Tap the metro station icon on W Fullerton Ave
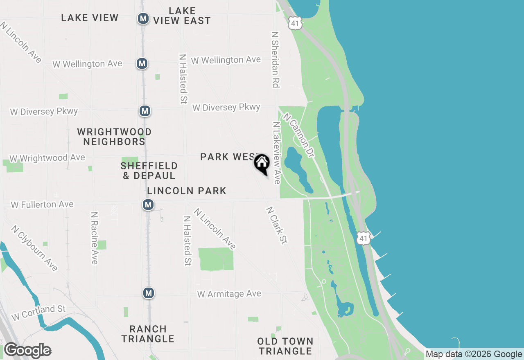coord(148,205)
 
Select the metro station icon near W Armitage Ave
coord(148,293)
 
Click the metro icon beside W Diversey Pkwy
coord(144,111)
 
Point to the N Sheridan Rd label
coord(275,60)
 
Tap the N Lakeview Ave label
coord(277,153)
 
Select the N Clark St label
coord(276,225)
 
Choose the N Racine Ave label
coord(95,238)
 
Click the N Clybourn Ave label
coord(34,248)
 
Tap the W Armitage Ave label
coord(229,294)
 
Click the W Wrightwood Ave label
coord(47,158)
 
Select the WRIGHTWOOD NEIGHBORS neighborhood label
coord(114,137)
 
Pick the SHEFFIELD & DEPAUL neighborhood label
coord(149,171)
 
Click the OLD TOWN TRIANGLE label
coord(285,346)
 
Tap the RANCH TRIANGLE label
coord(148,334)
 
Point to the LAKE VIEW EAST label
coord(182,16)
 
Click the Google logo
coord(27,351)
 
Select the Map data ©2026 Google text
coord(474,354)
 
